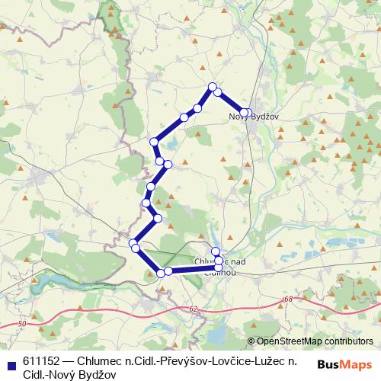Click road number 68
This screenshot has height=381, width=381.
(287, 299)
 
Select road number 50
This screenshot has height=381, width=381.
(21, 324)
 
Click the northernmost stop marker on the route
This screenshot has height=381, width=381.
(213, 86)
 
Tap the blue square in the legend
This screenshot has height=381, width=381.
(11, 362)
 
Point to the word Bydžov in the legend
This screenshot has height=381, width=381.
(98, 375)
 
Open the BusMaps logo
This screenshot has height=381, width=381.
(343, 364)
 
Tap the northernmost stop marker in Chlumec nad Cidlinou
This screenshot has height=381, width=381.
(215, 251)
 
